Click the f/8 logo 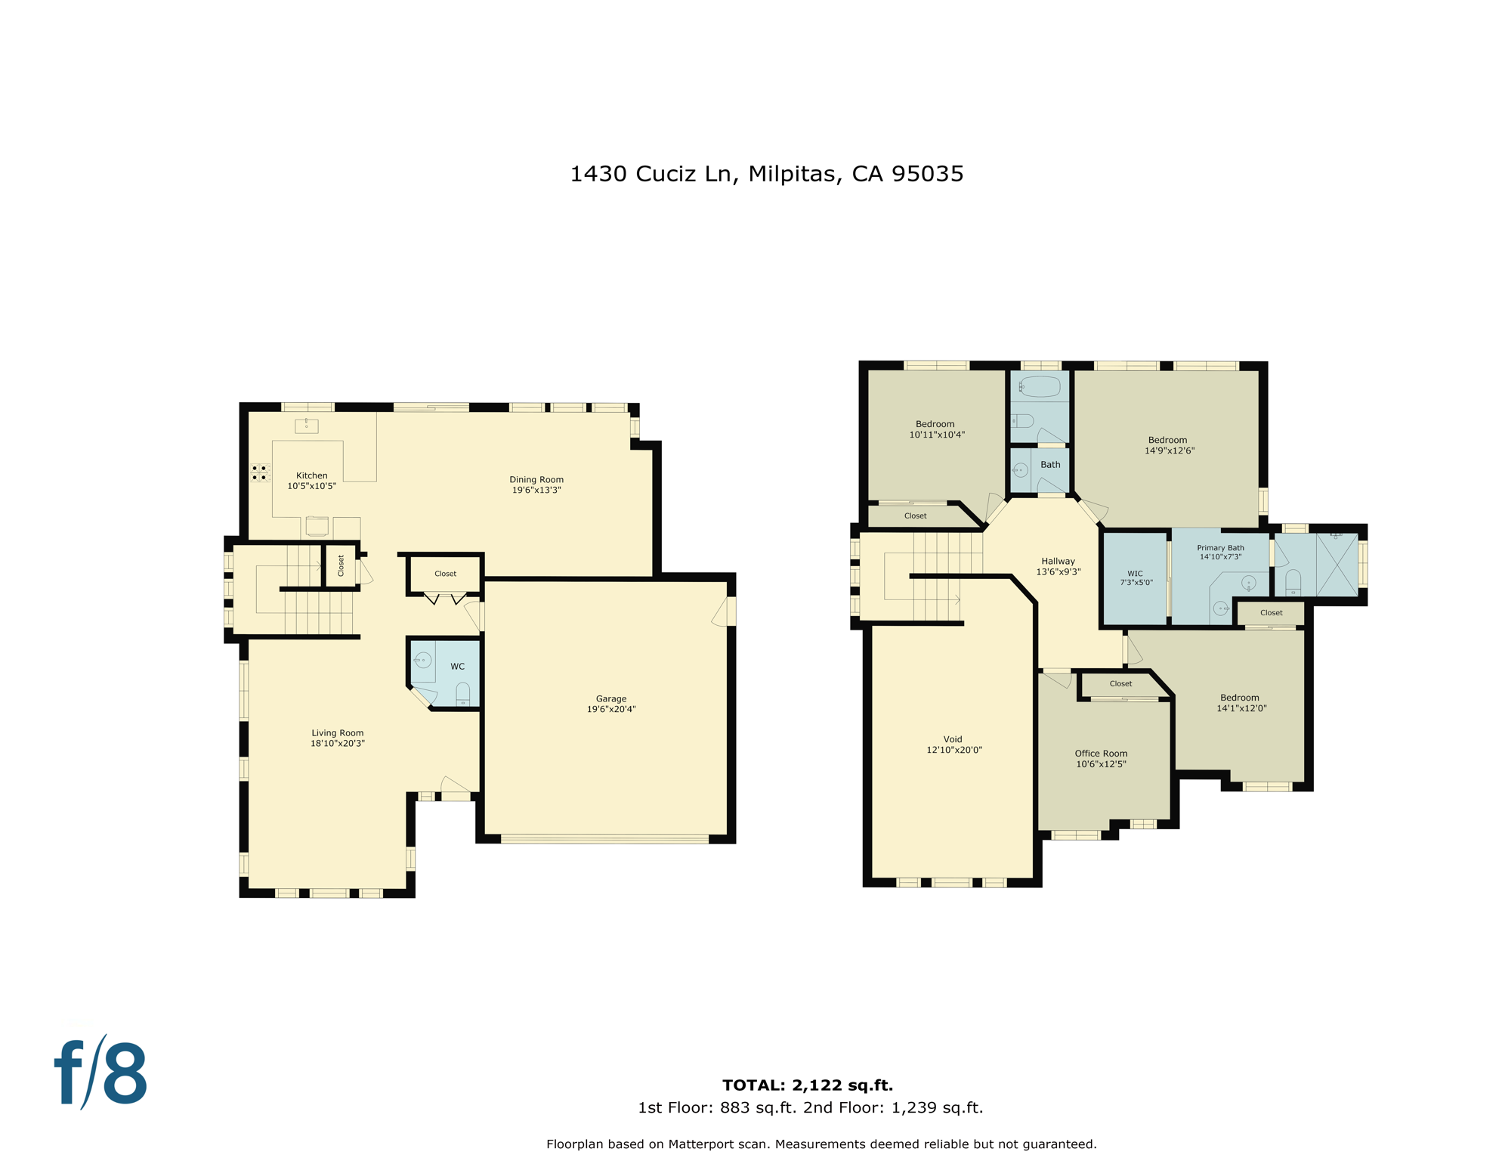coord(100,1073)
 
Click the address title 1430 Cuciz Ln coord(766,174)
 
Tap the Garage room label coord(610,698)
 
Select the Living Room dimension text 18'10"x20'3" coord(337,744)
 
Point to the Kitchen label coord(311,475)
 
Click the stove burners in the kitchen coord(259,473)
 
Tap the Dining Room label coord(536,479)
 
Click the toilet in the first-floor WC coord(462,693)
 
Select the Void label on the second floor coord(952,739)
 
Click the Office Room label coord(1100,754)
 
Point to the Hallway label coord(1057,561)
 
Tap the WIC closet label coord(1134,574)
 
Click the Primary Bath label coord(1219,548)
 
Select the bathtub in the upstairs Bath coord(1040,387)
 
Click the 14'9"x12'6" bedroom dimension coord(1169,451)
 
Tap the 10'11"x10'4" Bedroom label coord(935,424)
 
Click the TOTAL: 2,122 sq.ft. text coord(807,1085)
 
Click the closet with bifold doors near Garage coord(445,574)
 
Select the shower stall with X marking coord(1337,565)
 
